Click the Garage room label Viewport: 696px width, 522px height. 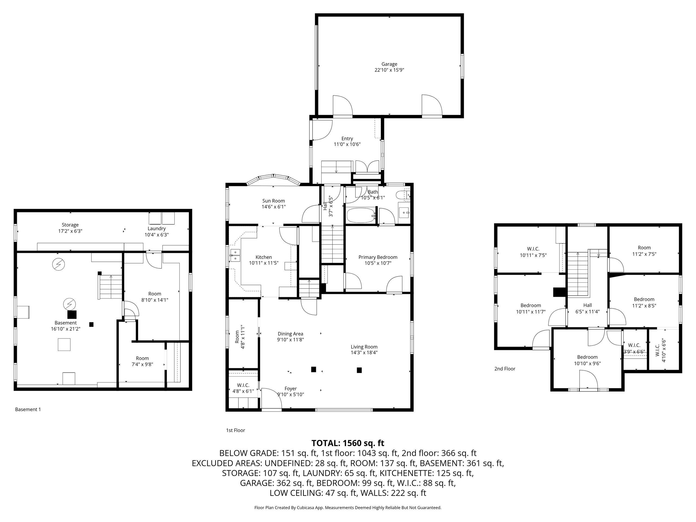tap(389, 64)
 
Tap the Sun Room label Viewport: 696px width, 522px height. tap(274, 201)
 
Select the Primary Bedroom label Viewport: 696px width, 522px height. tap(378, 257)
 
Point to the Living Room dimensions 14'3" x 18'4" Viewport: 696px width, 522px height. tap(364, 352)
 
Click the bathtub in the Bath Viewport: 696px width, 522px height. tap(361, 215)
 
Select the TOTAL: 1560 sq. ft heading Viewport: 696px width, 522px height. tap(348, 443)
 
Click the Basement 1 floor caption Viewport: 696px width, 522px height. tap(28, 409)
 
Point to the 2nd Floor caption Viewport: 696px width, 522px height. tap(505, 369)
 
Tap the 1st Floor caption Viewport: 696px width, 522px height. tap(235, 430)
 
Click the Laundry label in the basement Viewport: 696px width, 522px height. tap(156, 229)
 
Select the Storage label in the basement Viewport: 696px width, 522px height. tap(70, 225)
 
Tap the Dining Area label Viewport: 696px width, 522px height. tap(290, 334)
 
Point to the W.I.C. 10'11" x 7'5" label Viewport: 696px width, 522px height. tap(533, 252)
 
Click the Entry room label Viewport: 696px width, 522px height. tap(347, 139)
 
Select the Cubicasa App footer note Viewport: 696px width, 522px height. tap(348, 508)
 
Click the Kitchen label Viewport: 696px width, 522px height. tap(264, 257)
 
